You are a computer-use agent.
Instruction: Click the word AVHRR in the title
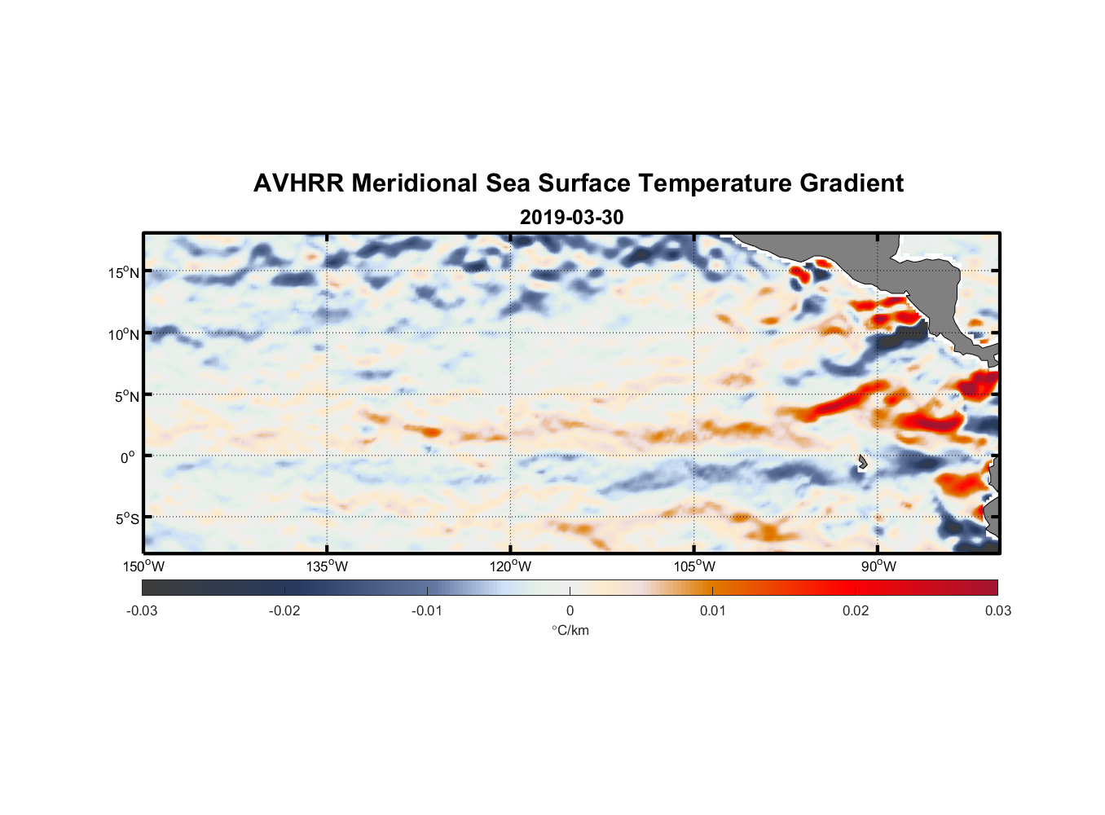pyautogui.click(x=298, y=183)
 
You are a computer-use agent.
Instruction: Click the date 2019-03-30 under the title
pyautogui.click(x=571, y=218)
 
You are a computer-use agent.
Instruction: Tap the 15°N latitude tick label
pyautogui.click(x=124, y=272)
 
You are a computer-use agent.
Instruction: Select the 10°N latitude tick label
pyautogui.click(x=124, y=334)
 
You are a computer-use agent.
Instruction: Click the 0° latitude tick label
pyautogui.click(x=127, y=457)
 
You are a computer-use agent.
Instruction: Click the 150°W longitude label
pyautogui.click(x=144, y=566)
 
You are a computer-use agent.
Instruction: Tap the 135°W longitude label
pyautogui.click(x=328, y=566)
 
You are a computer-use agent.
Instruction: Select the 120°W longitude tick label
pyautogui.click(x=511, y=566)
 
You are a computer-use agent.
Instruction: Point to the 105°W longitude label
pyautogui.click(x=694, y=566)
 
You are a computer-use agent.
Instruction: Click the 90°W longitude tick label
pyautogui.click(x=878, y=566)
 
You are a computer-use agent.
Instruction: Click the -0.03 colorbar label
pyautogui.click(x=142, y=610)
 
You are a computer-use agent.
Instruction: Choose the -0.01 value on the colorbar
pyautogui.click(x=427, y=610)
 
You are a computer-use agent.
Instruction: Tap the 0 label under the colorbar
pyautogui.click(x=570, y=610)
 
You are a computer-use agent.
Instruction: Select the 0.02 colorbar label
pyautogui.click(x=856, y=610)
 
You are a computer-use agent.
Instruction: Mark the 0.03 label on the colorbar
pyautogui.click(x=997, y=610)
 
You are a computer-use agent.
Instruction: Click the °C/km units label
pyautogui.click(x=570, y=630)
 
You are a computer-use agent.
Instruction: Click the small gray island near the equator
pyautogui.click(x=862, y=462)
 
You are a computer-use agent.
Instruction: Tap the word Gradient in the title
pyautogui.click(x=852, y=183)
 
